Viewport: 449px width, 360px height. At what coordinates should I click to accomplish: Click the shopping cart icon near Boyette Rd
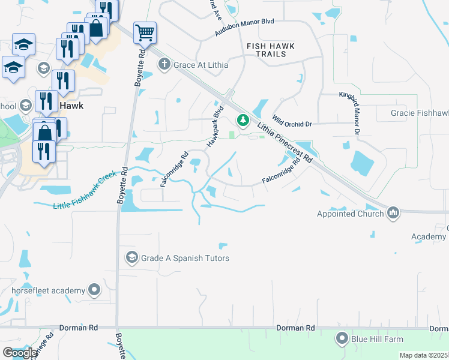coord(145,32)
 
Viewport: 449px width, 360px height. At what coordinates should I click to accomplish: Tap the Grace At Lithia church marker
coord(164,64)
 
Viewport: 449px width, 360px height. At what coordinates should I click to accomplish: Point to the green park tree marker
coord(243,121)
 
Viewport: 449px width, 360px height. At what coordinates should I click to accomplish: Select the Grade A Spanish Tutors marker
coord(131,258)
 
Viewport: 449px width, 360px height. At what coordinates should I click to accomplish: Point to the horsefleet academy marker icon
coord(94,291)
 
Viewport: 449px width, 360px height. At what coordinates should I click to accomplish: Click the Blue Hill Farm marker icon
coord(342,339)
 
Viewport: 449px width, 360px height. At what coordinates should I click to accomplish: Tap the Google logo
coord(20,353)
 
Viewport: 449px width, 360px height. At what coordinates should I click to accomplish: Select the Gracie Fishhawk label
coord(419,113)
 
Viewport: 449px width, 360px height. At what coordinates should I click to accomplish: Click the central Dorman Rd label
coord(295,328)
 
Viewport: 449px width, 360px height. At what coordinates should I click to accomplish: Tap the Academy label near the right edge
coord(429,237)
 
